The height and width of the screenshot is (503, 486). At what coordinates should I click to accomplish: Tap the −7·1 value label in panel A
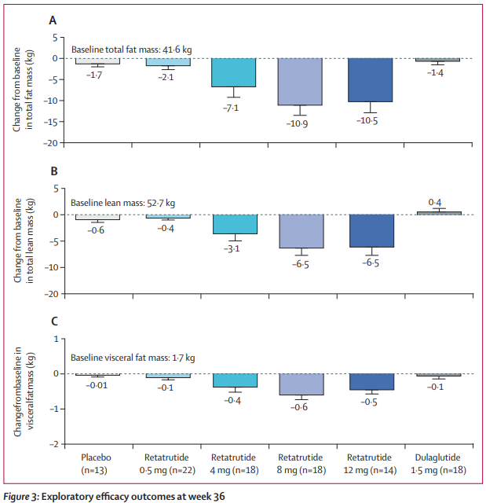[x=233, y=108]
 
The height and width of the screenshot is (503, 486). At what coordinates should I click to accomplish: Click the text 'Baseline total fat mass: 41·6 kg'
[x=131, y=50]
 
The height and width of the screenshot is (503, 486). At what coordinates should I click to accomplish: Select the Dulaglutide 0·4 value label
[x=437, y=203]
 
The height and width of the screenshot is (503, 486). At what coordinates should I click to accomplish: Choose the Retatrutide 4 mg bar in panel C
[x=234, y=380]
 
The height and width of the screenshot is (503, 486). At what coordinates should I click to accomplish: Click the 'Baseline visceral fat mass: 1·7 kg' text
[x=133, y=358]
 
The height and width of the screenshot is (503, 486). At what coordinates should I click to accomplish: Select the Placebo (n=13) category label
[x=98, y=462]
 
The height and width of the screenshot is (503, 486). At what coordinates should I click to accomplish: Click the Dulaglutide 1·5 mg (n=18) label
[x=437, y=462]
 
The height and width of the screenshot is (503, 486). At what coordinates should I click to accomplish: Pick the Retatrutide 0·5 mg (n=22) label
[x=166, y=462]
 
